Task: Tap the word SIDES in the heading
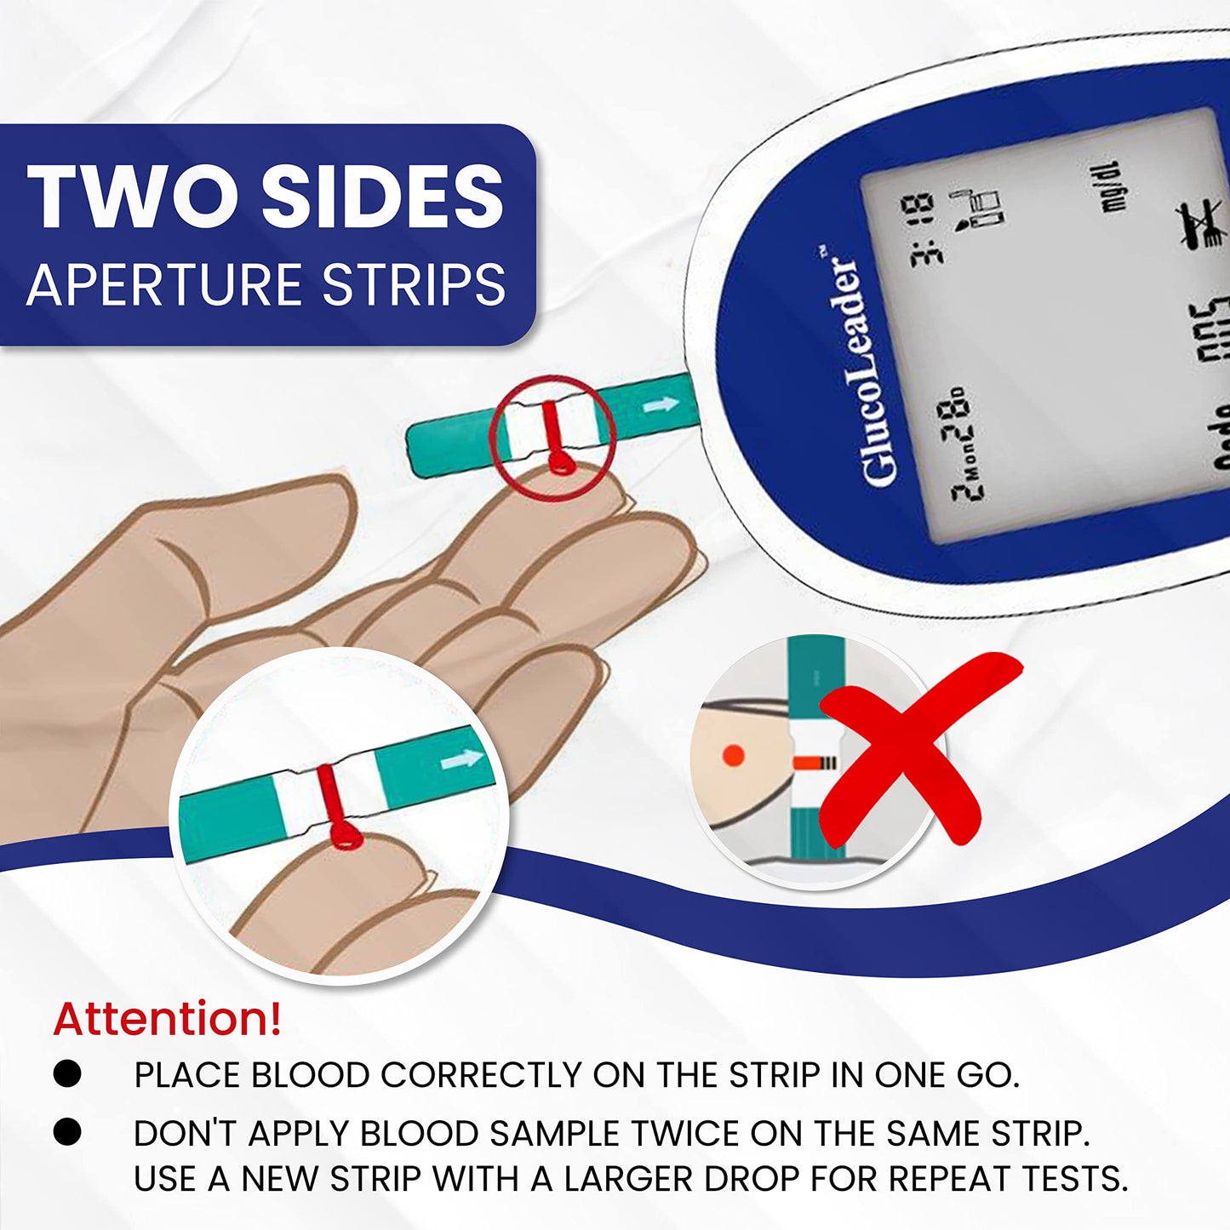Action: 382,197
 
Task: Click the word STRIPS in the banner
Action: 415,284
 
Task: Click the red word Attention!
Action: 167,1019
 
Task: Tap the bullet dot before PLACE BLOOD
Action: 67,1073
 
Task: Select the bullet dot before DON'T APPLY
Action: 67,1132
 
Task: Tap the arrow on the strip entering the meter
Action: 661,406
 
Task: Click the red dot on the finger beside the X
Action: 733,755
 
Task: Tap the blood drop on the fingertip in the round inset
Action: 345,835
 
